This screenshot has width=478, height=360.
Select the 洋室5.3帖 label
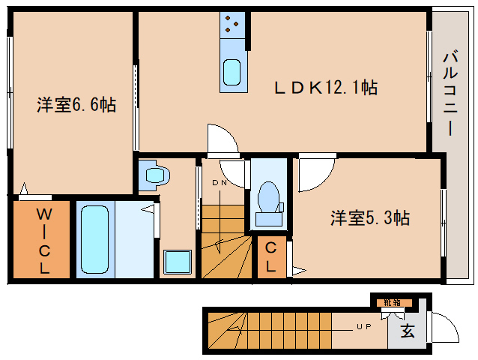point(370,218)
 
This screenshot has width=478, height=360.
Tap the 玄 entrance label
point(408,331)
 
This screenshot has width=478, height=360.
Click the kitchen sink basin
point(232,73)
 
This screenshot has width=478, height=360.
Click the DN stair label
point(220,183)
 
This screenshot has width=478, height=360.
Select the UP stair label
point(364,327)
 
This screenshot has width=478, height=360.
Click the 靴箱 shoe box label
point(393,302)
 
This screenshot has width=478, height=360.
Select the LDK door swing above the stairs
point(222,139)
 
